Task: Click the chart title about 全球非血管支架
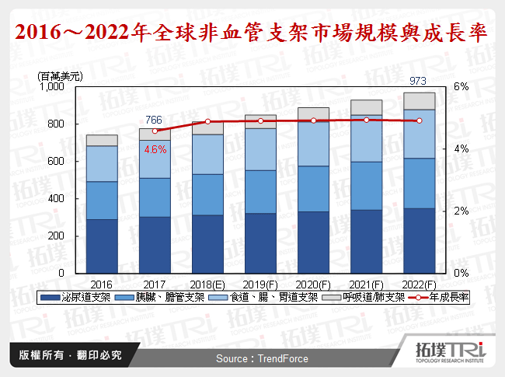pyautogui.click(x=252, y=33)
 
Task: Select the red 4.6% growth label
pyautogui.click(x=155, y=150)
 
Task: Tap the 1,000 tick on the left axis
pyautogui.click(x=51, y=87)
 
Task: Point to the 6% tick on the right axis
pyautogui.click(x=461, y=87)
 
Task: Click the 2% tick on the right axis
pyautogui.click(x=461, y=211)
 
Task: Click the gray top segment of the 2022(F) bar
pyautogui.click(x=419, y=101)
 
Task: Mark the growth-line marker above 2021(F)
pyautogui.click(x=366, y=120)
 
